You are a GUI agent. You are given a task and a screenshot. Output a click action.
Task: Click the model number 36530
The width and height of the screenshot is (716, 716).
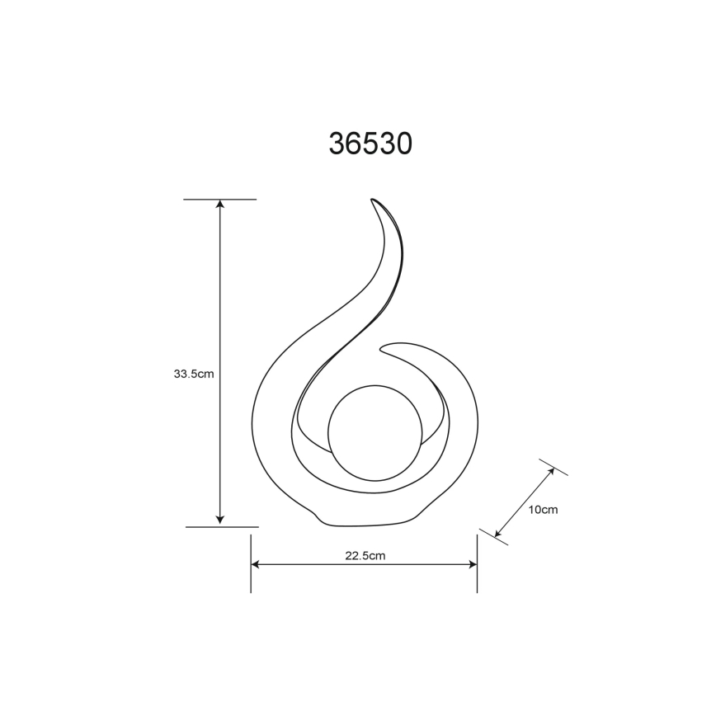[x=370, y=144]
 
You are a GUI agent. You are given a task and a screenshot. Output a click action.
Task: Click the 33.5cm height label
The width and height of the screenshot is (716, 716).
[x=194, y=373]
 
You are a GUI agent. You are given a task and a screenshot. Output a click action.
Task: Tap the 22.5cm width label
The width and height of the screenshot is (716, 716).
[x=365, y=555]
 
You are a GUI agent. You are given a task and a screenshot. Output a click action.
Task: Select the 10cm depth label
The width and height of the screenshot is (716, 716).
[x=543, y=510]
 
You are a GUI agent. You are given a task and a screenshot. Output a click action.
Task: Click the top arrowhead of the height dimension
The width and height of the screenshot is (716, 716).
[x=219, y=205]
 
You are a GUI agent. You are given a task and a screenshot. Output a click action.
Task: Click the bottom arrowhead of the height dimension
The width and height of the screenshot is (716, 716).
[x=219, y=519]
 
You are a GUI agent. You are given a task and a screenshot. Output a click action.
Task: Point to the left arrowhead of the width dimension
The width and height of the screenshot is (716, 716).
[x=256, y=565]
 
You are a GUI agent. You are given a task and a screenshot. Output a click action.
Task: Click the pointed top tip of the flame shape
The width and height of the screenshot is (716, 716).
[x=373, y=200]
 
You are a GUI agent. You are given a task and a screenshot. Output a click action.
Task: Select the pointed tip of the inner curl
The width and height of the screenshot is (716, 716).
[x=382, y=346]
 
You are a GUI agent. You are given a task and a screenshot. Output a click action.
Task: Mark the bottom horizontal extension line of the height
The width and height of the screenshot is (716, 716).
[x=221, y=526]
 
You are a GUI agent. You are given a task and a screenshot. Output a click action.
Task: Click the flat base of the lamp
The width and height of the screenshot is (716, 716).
[x=363, y=523]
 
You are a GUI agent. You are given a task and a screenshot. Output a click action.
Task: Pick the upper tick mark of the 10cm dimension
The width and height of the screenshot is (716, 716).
[x=553, y=467]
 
